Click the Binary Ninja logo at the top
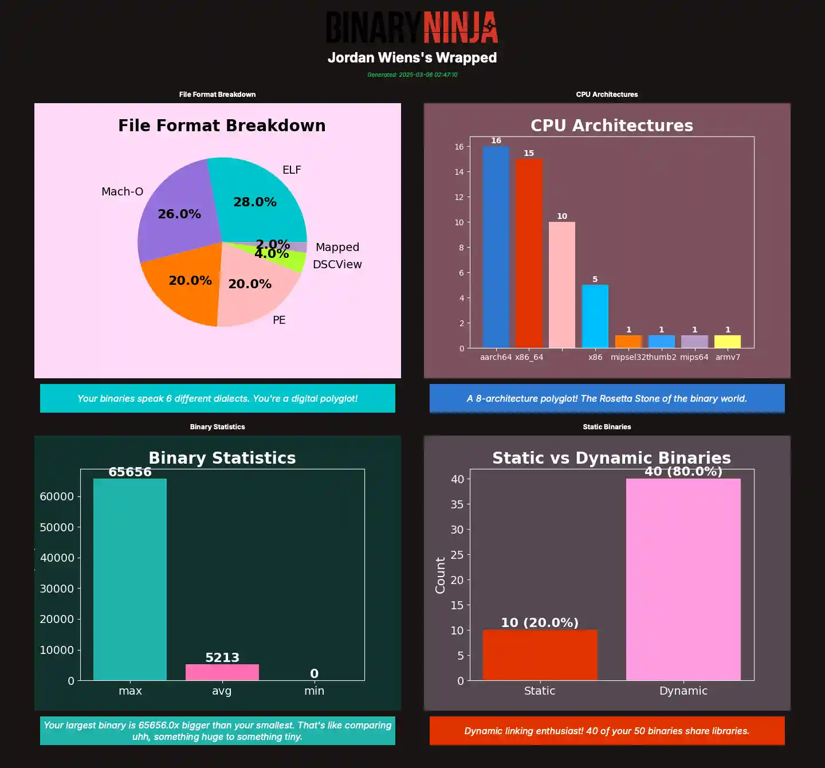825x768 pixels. point(412,27)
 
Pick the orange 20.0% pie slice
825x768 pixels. point(183,287)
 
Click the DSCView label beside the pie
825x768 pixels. point(337,264)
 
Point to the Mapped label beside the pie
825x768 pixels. point(337,247)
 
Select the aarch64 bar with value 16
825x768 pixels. point(496,246)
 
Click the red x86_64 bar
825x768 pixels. point(529,252)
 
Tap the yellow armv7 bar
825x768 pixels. point(728,342)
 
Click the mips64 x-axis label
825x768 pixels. point(694,357)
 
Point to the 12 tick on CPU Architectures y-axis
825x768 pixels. point(459,197)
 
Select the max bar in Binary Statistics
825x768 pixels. point(130,579)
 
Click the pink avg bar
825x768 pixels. point(222,672)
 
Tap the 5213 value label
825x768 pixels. point(222,657)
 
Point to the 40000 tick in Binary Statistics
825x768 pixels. point(57,558)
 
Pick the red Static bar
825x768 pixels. point(540,655)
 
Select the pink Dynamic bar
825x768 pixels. point(683,579)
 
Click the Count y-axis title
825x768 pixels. point(440,575)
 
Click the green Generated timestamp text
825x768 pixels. point(412,75)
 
